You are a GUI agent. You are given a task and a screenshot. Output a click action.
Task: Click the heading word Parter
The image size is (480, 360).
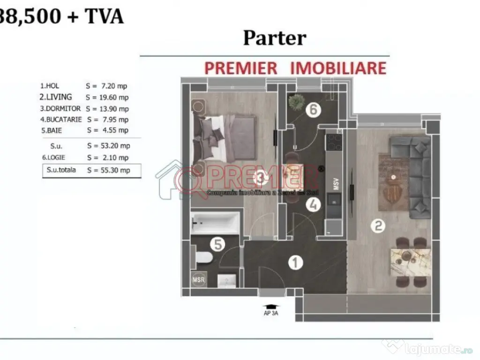pos(274,38)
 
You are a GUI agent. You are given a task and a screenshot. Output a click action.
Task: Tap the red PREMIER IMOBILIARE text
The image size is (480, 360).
pos(295,68)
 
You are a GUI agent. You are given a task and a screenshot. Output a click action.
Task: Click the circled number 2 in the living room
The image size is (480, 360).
pos(378,226)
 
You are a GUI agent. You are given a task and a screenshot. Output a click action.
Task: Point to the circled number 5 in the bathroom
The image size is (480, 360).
pos(217,244)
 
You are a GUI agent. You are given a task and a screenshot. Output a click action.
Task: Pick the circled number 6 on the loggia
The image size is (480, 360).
pos(313,110)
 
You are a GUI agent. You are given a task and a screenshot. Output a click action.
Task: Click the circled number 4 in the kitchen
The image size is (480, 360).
pos(313,204)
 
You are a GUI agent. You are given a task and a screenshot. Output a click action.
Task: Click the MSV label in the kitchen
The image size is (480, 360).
pos(336,183)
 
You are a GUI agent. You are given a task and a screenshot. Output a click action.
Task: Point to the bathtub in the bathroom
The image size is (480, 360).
pos(215,223)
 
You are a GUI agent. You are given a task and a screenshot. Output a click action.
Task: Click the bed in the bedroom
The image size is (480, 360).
pos(224,136)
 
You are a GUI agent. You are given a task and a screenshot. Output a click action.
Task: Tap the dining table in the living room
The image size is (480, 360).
pos(411,262)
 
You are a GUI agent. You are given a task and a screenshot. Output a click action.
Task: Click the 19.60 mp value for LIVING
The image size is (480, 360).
pos(107,97)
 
